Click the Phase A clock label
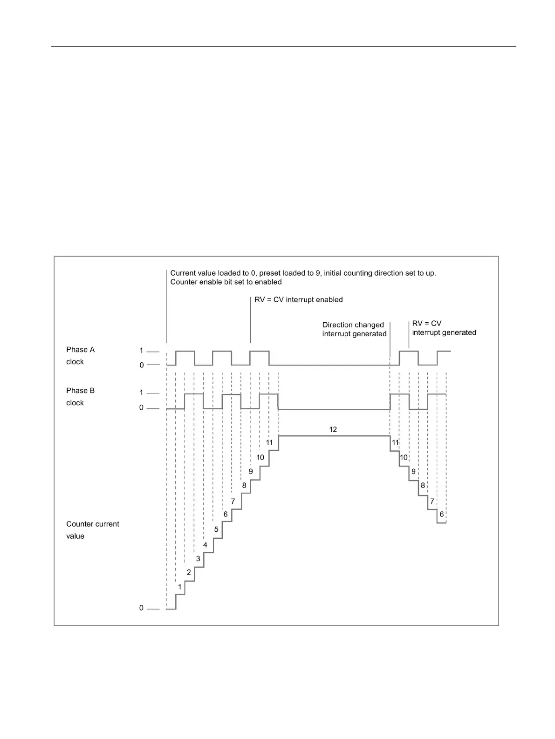click(80, 355)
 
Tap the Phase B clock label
click(80, 396)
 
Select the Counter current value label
click(92, 530)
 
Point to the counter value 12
click(333, 429)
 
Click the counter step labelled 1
click(180, 587)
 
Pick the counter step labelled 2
click(189, 572)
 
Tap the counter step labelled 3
click(198, 558)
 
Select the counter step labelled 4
click(205, 545)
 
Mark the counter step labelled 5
click(216, 529)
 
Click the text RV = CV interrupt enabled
click(298, 299)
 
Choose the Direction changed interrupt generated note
click(354, 329)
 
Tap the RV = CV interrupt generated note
click(444, 328)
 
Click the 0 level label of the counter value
click(141, 608)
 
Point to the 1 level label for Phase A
click(141, 351)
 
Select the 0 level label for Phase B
click(142, 408)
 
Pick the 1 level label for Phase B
click(141, 393)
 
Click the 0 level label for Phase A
click(142, 366)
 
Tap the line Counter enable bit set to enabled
click(226, 282)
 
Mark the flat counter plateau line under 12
click(334, 436)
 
